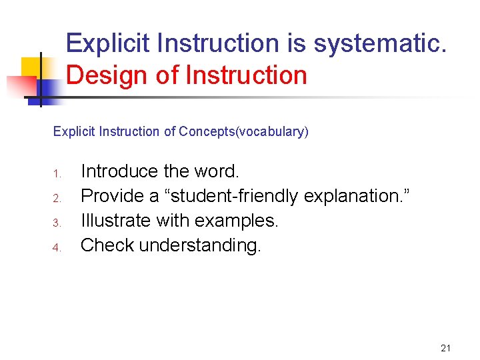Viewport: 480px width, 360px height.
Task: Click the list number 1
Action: [57, 174]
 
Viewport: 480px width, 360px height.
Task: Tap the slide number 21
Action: [446, 348]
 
